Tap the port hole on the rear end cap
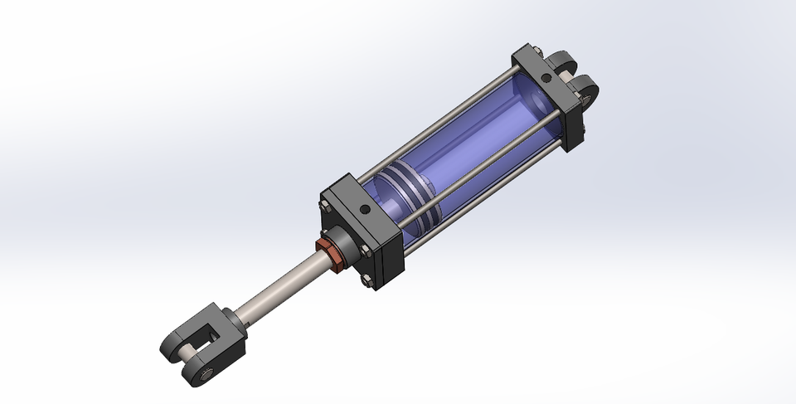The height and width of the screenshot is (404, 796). (546, 79)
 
